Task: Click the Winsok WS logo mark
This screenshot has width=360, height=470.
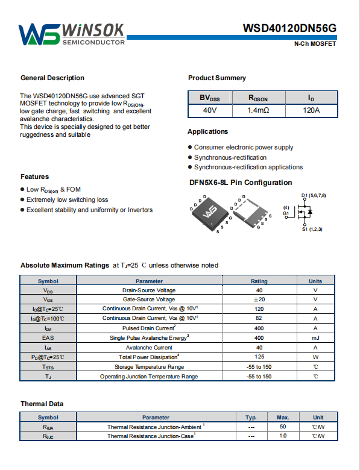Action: point(40,34)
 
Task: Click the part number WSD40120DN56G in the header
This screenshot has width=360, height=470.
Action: point(289,28)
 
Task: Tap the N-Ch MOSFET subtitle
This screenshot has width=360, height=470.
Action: point(315,44)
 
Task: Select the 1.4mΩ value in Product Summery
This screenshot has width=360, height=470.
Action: point(258,110)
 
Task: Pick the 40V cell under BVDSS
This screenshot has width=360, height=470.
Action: point(210,110)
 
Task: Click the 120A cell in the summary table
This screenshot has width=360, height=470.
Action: point(311,110)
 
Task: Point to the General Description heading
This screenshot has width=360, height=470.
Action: point(52,78)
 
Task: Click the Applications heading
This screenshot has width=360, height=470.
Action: point(207,131)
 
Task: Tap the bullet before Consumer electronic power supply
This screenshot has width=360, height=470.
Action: point(190,147)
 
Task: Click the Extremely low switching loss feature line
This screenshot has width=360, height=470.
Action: point(67,199)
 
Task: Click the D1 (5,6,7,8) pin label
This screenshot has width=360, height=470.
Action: point(314,195)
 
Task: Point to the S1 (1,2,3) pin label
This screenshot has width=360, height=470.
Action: point(312,230)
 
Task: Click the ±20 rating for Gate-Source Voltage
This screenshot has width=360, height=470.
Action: point(259,299)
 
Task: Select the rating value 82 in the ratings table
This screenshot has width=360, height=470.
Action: point(259,318)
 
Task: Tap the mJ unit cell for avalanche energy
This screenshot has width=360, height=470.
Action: point(315,338)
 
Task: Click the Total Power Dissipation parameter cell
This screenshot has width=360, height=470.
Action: point(149,357)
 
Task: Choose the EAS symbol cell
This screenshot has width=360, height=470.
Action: point(48,338)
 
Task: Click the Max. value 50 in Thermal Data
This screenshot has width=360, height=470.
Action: point(283,427)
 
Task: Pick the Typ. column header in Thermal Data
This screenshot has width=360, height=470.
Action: point(251,418)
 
